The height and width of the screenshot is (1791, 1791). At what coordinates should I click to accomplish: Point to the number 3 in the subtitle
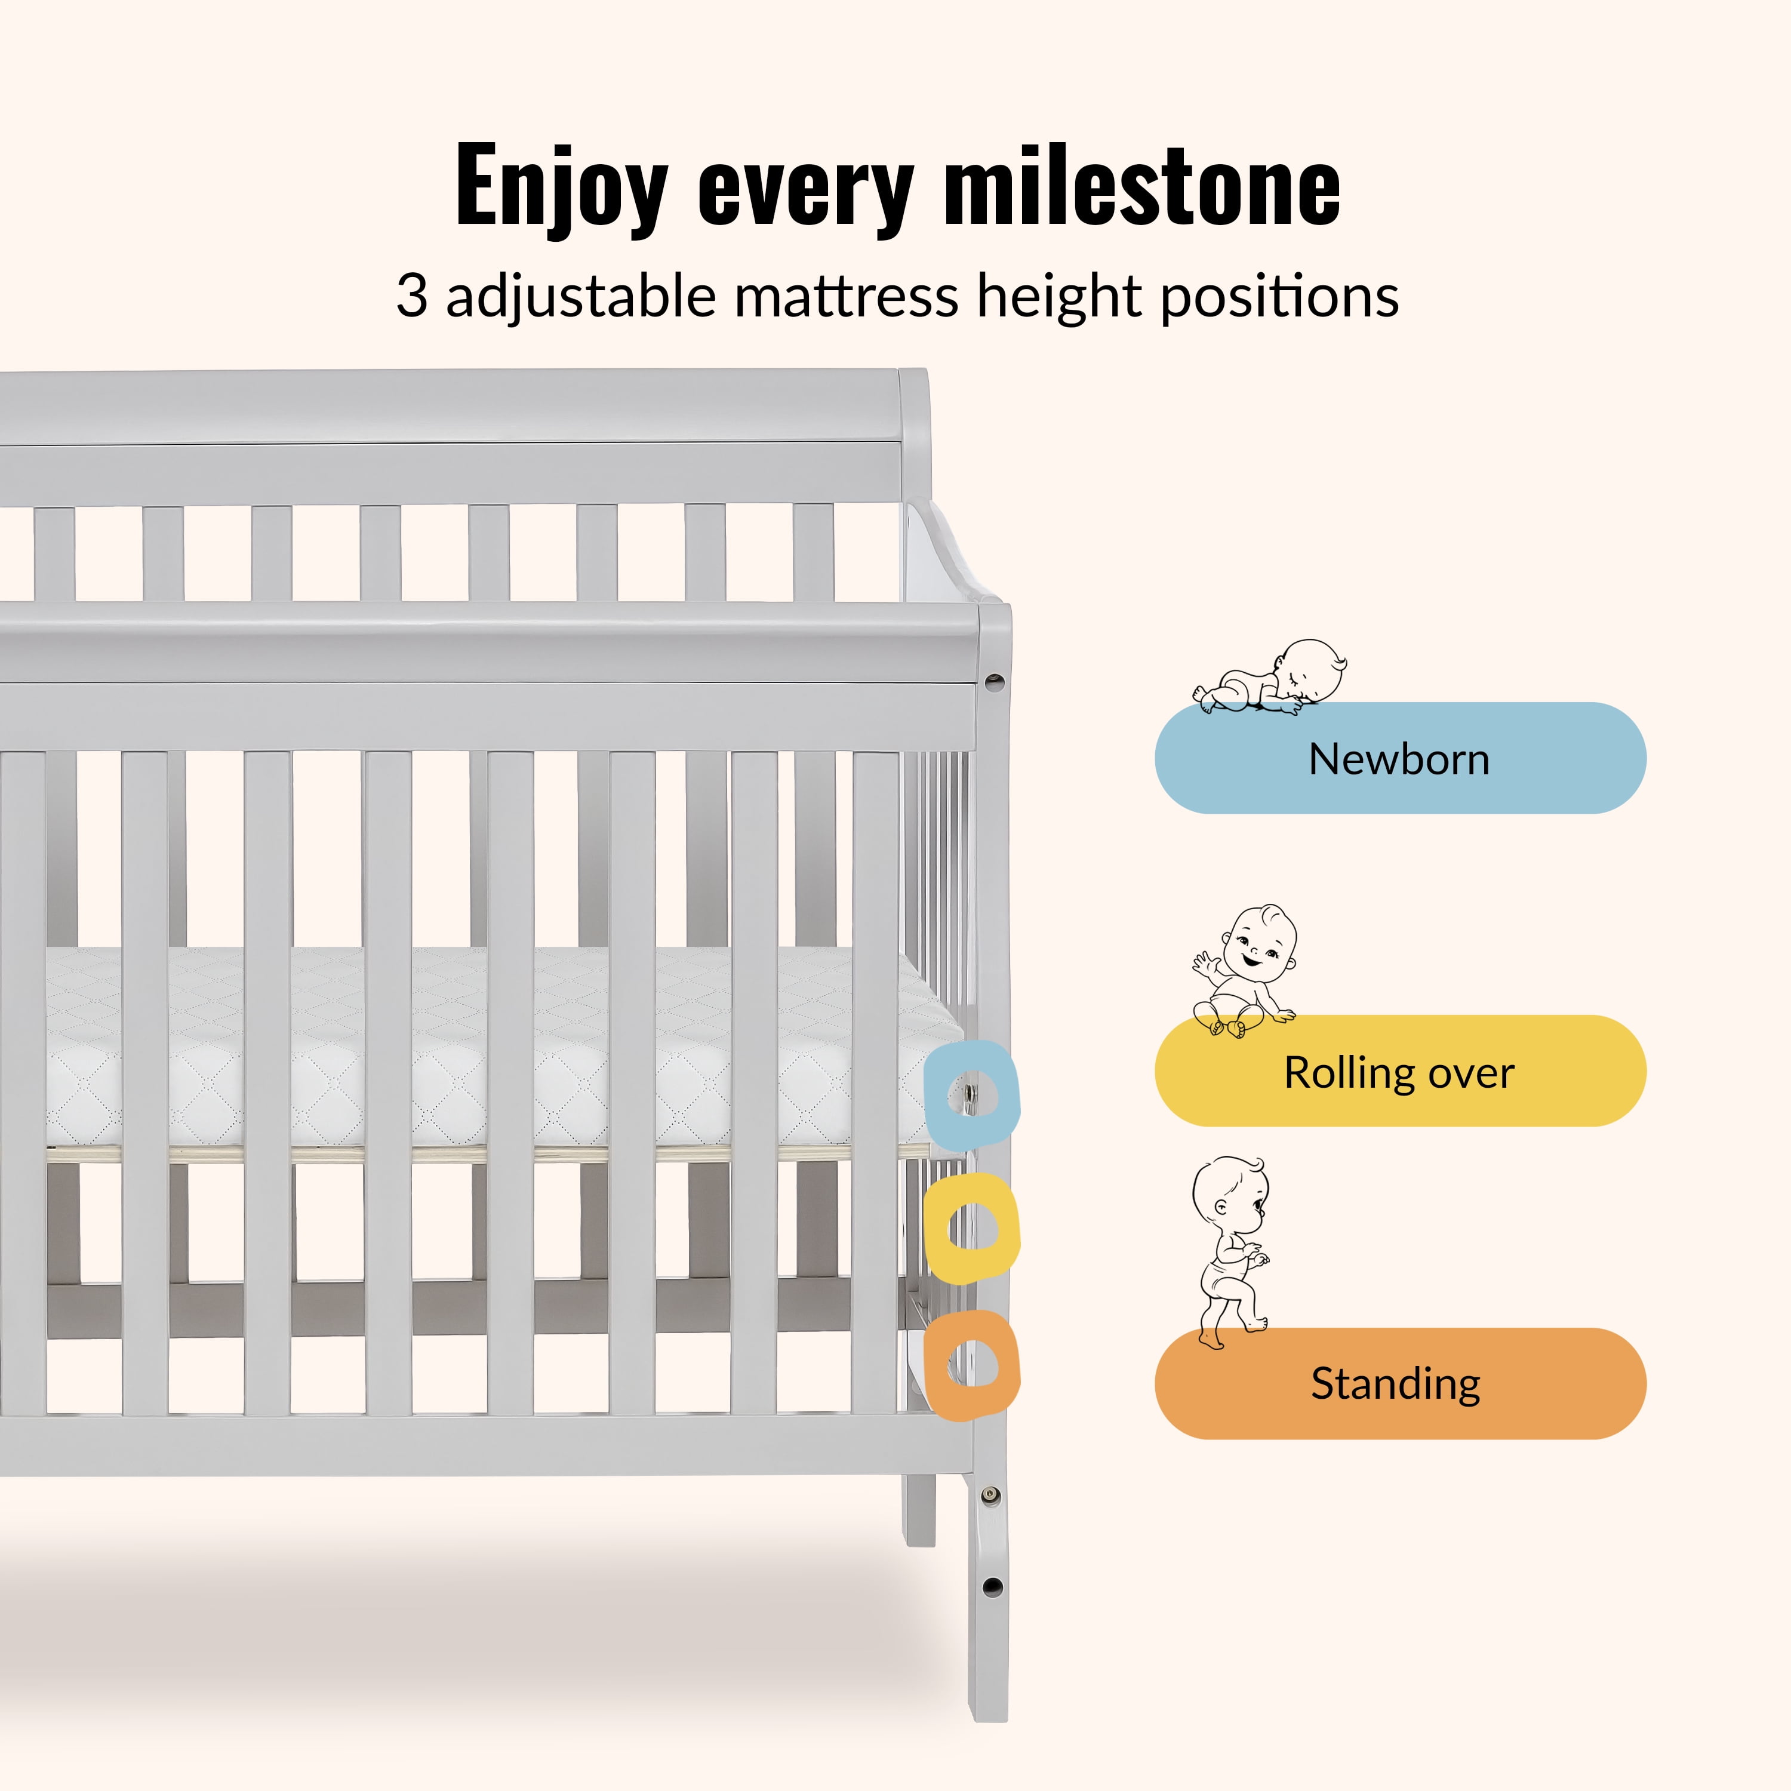click(411, 297)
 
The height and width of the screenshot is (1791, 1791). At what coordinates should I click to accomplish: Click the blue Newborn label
click(1400, 758)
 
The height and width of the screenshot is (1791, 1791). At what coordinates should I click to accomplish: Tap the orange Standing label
click(1400, 1383)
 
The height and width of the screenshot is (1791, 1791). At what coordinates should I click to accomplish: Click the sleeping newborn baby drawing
click(1269, 677)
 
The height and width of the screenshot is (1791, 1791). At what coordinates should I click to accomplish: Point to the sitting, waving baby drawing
click(1245, 971)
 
